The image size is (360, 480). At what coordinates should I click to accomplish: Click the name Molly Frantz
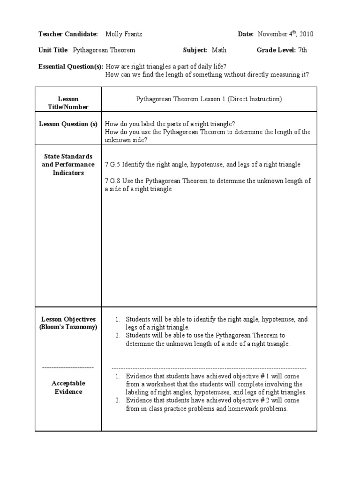(x=124, y=34)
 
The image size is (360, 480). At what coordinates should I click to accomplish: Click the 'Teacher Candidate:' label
(x=68, y=34)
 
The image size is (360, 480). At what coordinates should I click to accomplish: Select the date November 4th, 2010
(x=285, y=34)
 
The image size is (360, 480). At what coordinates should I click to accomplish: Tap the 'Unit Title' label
(x=53, y=50)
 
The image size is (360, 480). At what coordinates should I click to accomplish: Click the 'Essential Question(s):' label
(x=70, y=67)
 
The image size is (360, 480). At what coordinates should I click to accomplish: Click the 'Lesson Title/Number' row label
(x=68, y=103)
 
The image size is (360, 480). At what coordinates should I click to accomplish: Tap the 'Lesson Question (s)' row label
(x=68, y=124)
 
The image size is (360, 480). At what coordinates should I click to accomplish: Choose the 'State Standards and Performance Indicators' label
(x=68, y=165)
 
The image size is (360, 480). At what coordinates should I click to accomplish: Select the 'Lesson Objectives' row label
(x=68, y=319)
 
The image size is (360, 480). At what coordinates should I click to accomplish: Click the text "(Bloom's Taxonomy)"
(x=68, y=327)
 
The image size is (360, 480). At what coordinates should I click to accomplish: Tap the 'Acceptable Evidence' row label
(x=68, y=388)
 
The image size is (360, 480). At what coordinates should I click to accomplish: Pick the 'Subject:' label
(x=195, y=50)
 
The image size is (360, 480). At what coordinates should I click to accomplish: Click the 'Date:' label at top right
(x=246, y=34)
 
